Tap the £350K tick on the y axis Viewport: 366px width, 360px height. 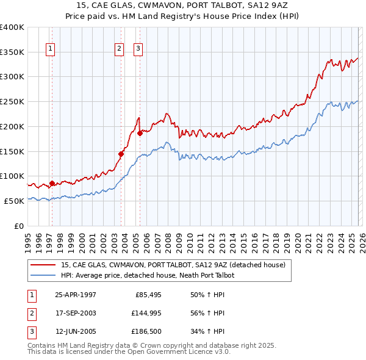pos(12,52)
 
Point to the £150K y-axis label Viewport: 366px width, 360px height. pos(12,151)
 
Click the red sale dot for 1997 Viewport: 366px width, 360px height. pos(52,182)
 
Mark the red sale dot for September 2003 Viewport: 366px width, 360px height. pos(121,154)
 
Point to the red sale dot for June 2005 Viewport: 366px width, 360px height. pos(140,133)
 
